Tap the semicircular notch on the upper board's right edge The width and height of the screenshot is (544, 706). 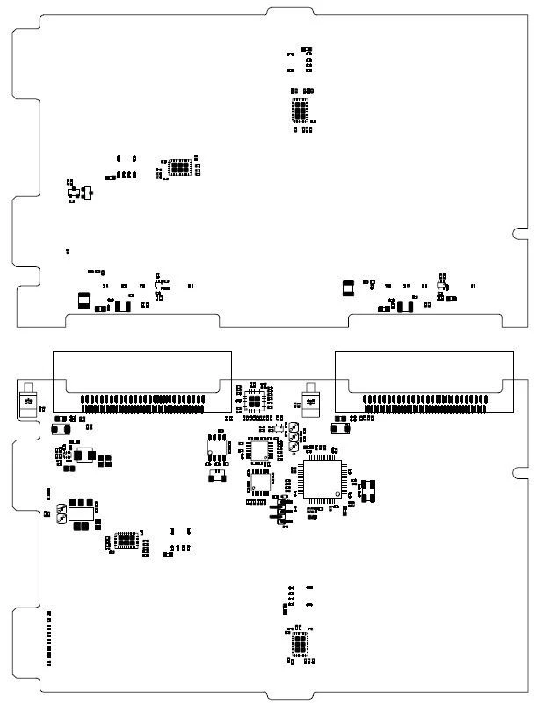(520, 233)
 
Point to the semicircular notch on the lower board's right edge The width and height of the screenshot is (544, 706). (520, 470)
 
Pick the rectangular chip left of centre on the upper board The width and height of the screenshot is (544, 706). (180, 166)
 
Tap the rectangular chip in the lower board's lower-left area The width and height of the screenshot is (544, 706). (127, 539)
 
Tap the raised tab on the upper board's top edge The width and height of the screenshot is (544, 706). (291, 11)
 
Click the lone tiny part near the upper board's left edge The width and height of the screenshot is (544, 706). (68, 252)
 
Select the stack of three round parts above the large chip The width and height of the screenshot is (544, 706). (293, 438)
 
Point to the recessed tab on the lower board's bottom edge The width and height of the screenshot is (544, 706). (290, 695)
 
